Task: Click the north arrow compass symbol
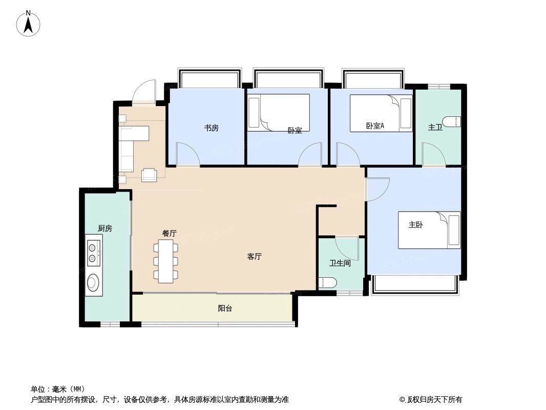point(29,24)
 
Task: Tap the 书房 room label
point(212,128)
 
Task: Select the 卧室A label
point(375,126)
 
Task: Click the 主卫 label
point(435,127)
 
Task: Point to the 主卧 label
point(415,224)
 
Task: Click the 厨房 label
point(105,229)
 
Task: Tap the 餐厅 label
point(170,233)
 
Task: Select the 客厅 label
point(255,257)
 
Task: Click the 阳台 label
point(225,309)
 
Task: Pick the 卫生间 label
point(340,263)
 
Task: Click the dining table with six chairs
point(166,261)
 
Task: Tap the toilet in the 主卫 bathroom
point(452,122)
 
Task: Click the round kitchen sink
point(93,282)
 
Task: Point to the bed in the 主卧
point(429,231)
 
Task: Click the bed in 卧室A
point(381,113)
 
